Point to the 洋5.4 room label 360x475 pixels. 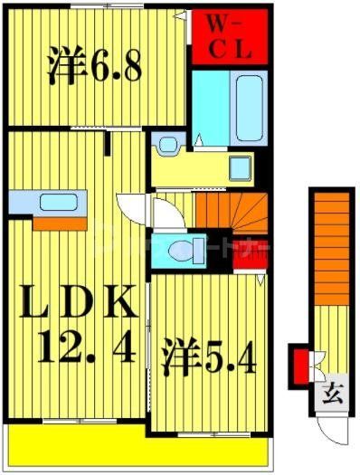coord(209,357)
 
